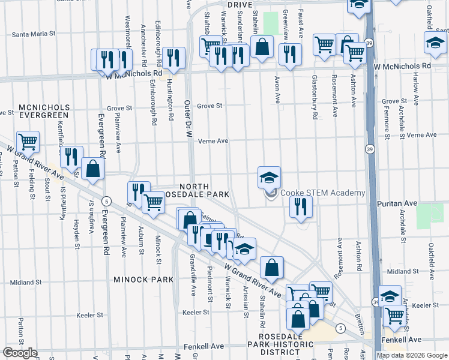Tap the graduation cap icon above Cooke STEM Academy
tap(270, 177)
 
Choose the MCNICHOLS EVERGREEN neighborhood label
tap(44, 112)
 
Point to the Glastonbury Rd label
tap(314, 97)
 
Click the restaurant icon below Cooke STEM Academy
tap(301, 206)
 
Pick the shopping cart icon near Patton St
tap(28, 142)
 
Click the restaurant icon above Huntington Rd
tap(173, 58)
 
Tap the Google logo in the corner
tap(20, 353)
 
